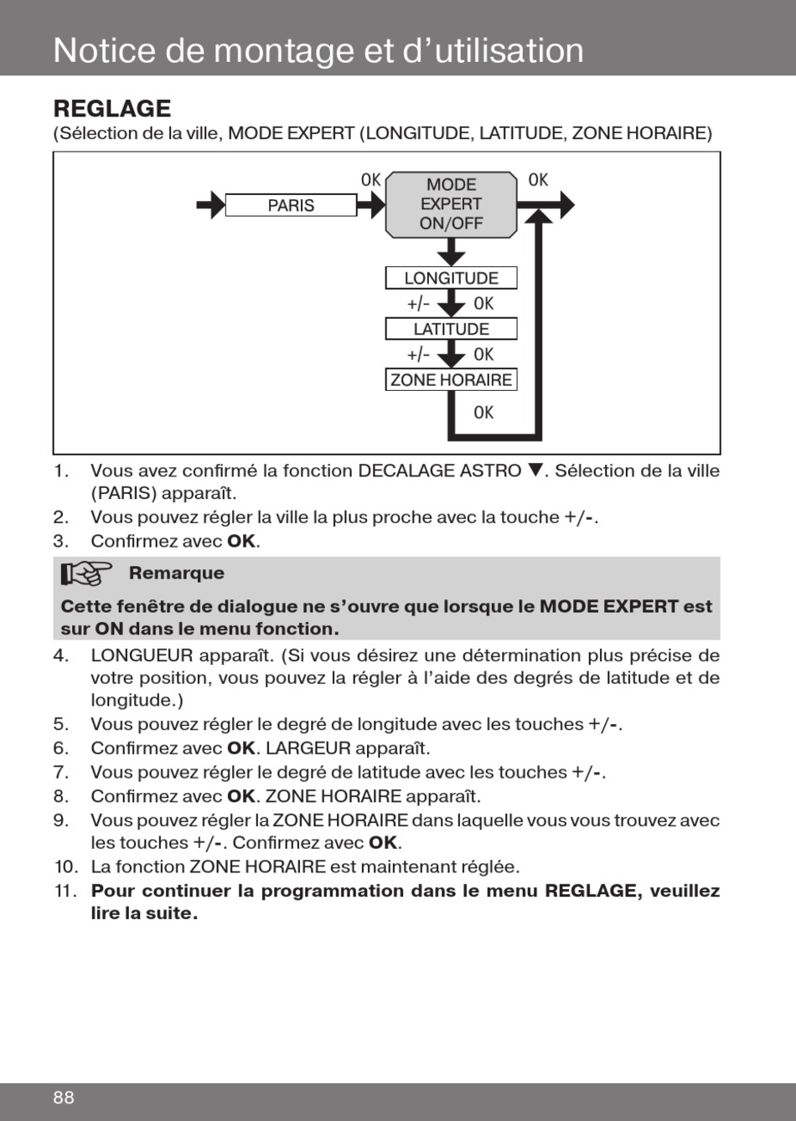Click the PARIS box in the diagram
(x=291, y=205)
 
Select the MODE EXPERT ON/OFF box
(x=451, y=204)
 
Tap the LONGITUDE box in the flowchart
(x=451, y=278)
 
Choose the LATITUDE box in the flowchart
(x=451, y=329)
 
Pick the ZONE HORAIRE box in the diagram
(x=451, y=379)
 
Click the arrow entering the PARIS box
(x=210, y=205)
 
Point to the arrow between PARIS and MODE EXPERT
(x=371, y=205)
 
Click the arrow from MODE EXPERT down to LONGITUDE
(x=451, y=251)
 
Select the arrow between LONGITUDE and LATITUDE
(x=451, y=304)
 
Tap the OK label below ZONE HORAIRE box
(x=483, y=412)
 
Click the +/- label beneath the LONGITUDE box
(x=418, y=303)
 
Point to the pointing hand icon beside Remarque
(x=86, y=574)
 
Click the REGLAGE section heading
(x=112, y=109)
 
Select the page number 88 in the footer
(x=64, y=1098)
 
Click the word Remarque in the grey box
(x=176, y=573)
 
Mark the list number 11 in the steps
(x=65, y=891)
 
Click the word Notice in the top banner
(x=104, y=50)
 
